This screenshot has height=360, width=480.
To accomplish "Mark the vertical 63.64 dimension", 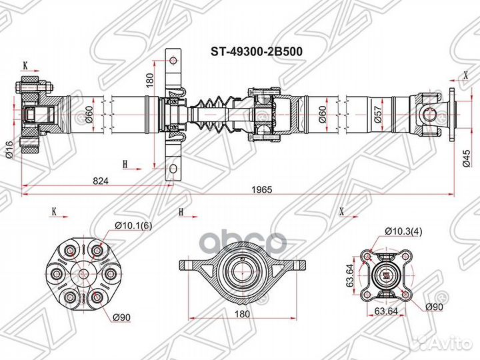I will point(349,273).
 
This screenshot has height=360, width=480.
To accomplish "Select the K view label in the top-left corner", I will point(25,65).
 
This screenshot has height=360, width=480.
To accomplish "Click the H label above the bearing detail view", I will point(181,212).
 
